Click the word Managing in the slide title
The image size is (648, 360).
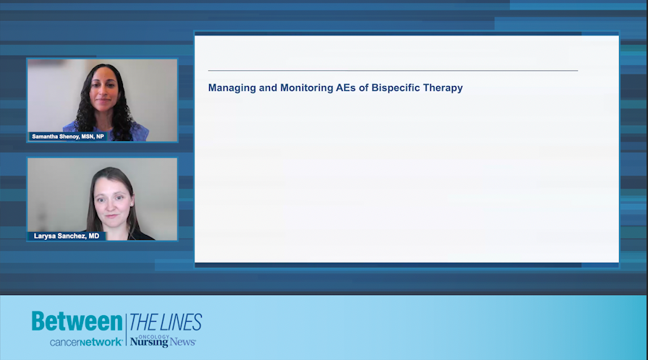[x=231, y=88]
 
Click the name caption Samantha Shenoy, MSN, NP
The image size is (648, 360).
[x=68, y=136]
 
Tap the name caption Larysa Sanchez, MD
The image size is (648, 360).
[x=67, y=236]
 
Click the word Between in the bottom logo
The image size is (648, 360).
[x=77, y=322]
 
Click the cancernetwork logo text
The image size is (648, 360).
[x=85, y=342]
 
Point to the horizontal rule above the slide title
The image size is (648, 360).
[x=393, y=71]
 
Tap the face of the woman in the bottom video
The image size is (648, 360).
[x=111, y=199]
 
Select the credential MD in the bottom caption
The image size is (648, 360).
[x=94, y=236]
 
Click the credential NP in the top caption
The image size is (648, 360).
[x=100, y=136]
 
